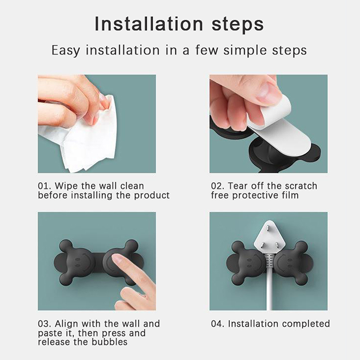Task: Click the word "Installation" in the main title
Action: [x=149, y=23]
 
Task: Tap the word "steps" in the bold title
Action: [x=238, y=25]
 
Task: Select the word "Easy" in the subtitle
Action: [x=65, y=50]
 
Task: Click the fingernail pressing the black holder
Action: [x=117, y=260]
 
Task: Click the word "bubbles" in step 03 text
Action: [x=109, y=342]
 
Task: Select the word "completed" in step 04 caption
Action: [x=306, y=324]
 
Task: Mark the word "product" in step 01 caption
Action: [x=152, y=196]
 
